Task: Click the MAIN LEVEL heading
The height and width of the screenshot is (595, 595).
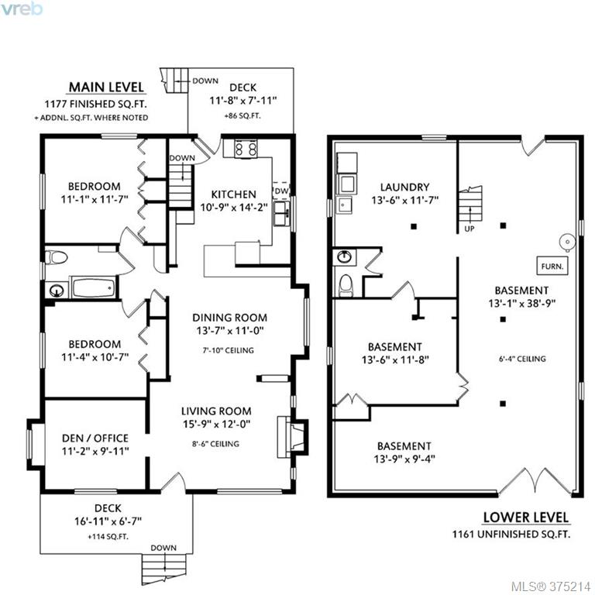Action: click(x=106, y=88)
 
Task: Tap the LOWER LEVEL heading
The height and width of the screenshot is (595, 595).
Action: click(x=525, y=518)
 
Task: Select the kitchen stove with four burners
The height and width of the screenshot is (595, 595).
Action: click(x=246, y=149)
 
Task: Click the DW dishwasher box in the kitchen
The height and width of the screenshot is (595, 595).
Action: click(x=281, y=191)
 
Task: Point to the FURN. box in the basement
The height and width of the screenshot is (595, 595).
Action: click(x=552, y=266)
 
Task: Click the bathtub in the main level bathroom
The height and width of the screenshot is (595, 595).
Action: click(x=93, y=287)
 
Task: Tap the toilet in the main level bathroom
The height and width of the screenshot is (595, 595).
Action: click(x=56, y=258)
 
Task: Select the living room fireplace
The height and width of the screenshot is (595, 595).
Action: click(x=291, y=436)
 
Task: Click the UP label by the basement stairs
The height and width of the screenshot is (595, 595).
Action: click(x=469, y=229)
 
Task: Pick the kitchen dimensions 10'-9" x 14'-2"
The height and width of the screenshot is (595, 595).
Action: click(x=234, y=208)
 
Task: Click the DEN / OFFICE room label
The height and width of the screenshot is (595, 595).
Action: click(x=95, y=438)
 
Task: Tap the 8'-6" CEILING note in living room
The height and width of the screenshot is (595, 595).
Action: click(x=215, y=444)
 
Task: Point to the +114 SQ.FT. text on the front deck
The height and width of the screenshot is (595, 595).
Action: click(x=108, y=537)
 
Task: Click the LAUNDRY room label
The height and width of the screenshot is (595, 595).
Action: click(x=405, y=187)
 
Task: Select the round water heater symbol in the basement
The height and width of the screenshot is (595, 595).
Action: click(x=568, y=242)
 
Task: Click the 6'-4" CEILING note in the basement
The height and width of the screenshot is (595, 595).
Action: click(x=522, y=359)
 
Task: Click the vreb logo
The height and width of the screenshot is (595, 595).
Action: click(x=22, y=9)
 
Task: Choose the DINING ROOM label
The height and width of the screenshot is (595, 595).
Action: click(x=229, y=318)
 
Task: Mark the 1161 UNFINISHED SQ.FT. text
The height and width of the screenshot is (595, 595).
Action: click(x=511, y=535)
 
